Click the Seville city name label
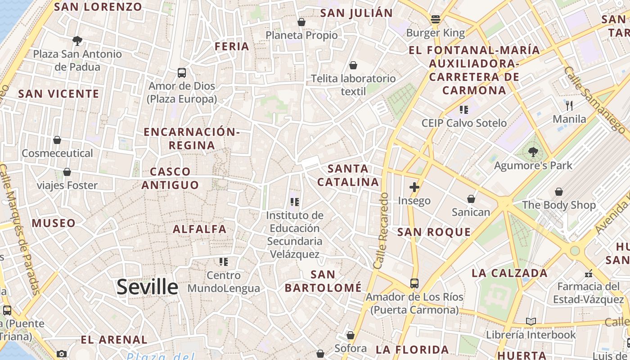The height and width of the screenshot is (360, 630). pos(147,287)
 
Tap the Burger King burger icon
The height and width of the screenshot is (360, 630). pos(435,19)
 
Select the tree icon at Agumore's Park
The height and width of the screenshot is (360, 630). pos(533,152)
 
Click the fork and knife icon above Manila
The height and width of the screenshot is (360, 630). pos(569,106)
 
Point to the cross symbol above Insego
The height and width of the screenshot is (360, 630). pos(414,187)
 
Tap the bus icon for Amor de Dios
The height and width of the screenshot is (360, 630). pos(182,72)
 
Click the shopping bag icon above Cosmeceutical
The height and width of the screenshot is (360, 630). pos(57,140)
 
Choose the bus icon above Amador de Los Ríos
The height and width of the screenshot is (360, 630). pos(414,283)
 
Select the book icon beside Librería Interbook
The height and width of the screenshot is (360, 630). pos(531,321)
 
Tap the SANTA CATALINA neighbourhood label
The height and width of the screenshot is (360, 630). pos(348,175)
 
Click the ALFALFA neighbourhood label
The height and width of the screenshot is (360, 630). pos(200,229)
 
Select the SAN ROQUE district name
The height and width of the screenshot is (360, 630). pos(434,232)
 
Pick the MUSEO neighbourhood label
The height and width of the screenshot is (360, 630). pos(54,223)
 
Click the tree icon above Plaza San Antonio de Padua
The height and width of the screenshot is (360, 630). pos(77,41)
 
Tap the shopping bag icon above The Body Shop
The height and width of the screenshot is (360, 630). pos(558,192)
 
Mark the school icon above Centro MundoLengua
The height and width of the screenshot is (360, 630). pos(224,261)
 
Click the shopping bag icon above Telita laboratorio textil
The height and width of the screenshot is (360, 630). pos(353,65)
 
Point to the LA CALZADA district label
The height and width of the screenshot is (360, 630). pos(509,273)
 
